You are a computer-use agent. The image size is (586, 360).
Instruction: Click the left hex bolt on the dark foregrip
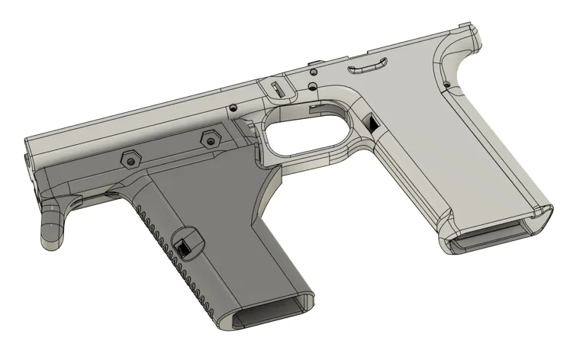coord(130,158)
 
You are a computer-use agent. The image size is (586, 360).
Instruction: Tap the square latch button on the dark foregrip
coord(185,245)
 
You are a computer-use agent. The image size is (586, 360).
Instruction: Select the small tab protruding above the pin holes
coord(314,61)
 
